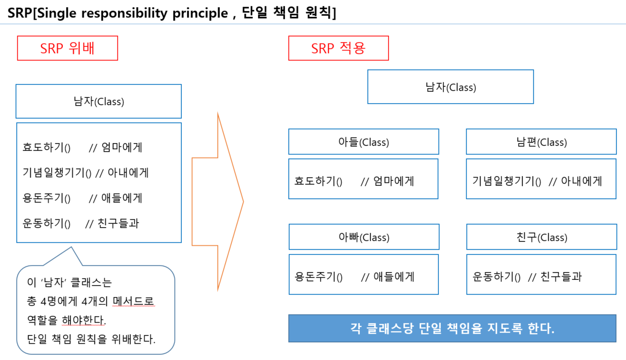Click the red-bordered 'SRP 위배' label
68,48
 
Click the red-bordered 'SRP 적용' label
338,48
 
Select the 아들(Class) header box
364,142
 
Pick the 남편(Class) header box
541,142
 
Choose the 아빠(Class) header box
364,237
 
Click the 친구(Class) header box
541,237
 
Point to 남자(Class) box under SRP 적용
450,87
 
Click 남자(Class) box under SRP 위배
98,102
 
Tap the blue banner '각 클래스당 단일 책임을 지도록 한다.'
452,329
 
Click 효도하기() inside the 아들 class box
318,181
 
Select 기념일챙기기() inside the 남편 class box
507,181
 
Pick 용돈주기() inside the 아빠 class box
319,277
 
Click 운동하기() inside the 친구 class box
496,277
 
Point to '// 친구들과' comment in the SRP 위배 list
112,224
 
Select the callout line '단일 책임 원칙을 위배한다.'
92,339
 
